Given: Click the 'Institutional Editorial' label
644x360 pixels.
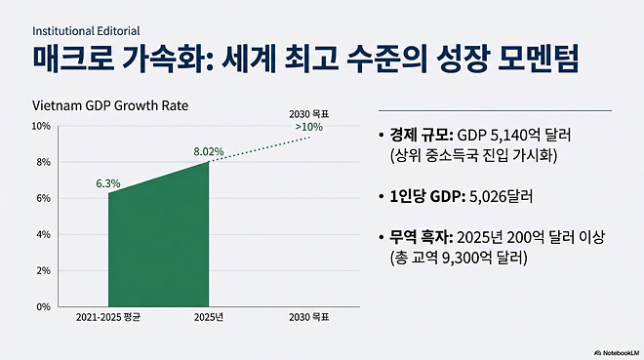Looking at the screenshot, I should pos(84,30).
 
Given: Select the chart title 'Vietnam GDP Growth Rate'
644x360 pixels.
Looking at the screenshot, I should pos(110,105).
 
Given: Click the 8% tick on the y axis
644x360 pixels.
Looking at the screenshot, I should pos(43,163).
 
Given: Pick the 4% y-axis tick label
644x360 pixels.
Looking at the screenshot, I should pos(43,235).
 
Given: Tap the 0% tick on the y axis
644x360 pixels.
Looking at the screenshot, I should pos(43,306).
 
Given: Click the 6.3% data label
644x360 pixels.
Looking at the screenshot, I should pos(108,182).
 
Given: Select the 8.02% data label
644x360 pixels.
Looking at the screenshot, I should pos(210,151).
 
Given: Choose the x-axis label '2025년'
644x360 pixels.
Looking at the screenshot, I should pos(210,318).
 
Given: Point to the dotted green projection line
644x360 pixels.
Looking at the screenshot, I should pos(263,149).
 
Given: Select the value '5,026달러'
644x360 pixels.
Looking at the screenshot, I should pos(501,196).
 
